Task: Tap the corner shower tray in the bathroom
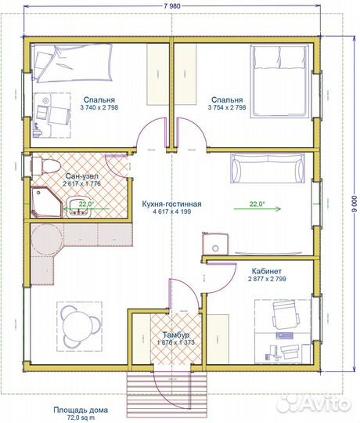click(x=47, y=202)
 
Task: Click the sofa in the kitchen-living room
click(x=268, y=168)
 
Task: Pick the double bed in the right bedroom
click(x=279, y=81)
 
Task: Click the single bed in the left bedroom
click(x=72, y=63)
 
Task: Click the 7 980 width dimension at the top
click(x=172, y=6)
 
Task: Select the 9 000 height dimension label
click(x=355, y=203)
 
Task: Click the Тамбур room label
click(x=175, y=334)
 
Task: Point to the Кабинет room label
click(x=267, y=270)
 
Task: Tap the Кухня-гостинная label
click(x=171, y=204)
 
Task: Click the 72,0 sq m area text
click(x=81, y=418)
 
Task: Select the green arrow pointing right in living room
click(x=257, y=208)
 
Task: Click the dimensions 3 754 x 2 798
click(x=227, y=107)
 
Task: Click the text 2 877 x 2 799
click(x=267, y=279)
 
